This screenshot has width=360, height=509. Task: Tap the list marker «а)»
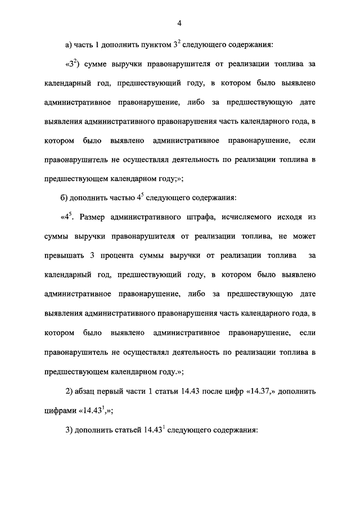[x=69, y=44]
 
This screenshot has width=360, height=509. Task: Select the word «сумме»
[x=96, y=64]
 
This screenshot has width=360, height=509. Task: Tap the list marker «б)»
[x=69, y=197]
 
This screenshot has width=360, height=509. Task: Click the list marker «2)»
[x=71, y=390]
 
